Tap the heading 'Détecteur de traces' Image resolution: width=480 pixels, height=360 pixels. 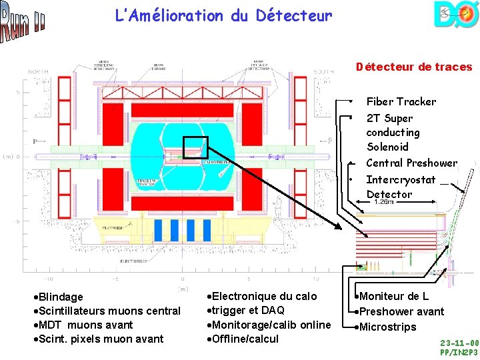tap(413, 67)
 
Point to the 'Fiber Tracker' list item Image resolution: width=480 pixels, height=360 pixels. tap(401, 101)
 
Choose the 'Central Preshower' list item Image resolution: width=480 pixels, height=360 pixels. tap(411, 163)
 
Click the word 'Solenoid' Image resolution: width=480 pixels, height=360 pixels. tap(387, 147)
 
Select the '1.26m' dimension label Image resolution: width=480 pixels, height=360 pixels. tap(385, 201)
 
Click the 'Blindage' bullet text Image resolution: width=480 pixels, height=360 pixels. tap(60, 297)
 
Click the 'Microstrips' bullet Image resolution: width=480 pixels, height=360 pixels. tap(387, 327)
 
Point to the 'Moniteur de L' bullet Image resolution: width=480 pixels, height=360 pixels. tap(393, 296)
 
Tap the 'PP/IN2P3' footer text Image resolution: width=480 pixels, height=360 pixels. tap(459, 352)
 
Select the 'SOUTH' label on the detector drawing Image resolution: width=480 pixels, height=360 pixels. tap(324, 72)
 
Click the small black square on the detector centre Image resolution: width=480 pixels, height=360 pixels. tap(195, 149)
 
